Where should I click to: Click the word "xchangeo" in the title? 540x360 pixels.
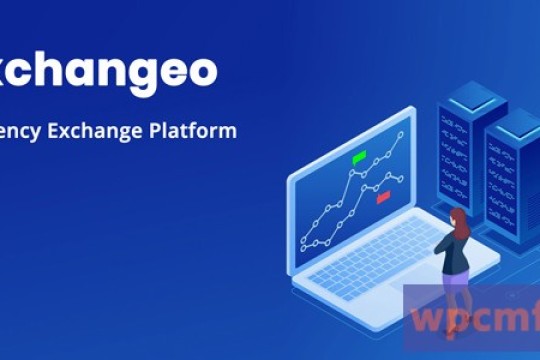coord(106,73)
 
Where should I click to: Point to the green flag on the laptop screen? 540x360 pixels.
coord(359,157)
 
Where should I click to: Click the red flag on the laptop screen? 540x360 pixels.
coord(383,198)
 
